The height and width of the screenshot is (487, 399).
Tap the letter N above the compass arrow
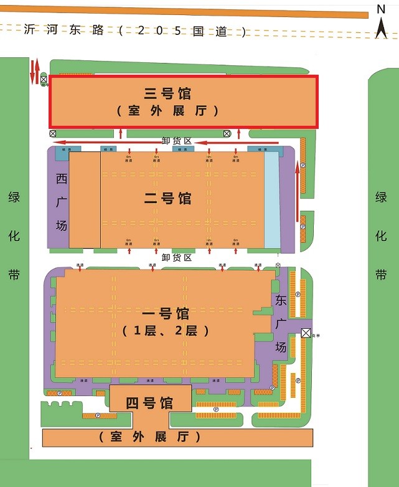pos(382,8)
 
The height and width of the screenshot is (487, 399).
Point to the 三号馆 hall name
pos(167,93)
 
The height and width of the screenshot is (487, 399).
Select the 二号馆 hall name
pos(167,199)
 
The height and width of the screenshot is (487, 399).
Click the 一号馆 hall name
pos(166,313)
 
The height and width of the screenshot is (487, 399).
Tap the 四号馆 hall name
pos(149,403)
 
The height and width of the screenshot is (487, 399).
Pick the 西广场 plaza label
pos(61,202)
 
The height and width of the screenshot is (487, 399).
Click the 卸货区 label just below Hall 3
pos(176,141)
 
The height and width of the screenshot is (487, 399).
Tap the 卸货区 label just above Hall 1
pos(176,257)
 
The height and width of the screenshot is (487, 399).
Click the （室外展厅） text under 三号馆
pos(167,111)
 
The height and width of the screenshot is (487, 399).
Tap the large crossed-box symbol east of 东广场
pos(306,333)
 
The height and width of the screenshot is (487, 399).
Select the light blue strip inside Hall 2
pos(272,199)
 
